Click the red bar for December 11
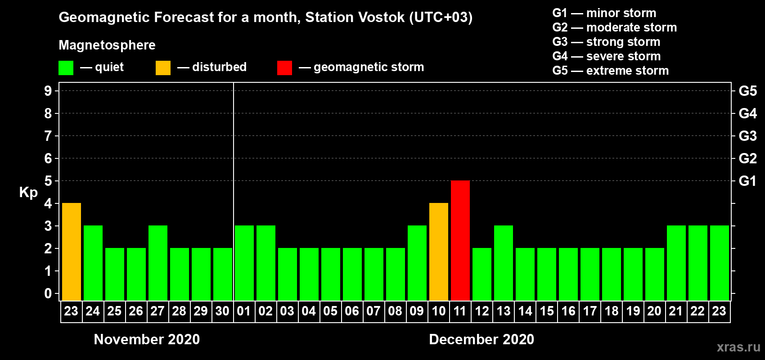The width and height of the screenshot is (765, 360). tap(460, 240)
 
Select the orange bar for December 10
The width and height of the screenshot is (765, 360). tap(438, 252)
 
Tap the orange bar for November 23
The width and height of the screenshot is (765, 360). tap(72, 252)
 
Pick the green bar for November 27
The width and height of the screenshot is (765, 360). tap(158, 263)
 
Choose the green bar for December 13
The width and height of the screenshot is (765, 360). tap(504, 263)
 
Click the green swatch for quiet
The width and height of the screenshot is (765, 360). tap(66, 67)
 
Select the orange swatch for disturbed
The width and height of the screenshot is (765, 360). tap(163, 67)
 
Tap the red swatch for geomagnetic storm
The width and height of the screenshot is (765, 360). tap(284, 67)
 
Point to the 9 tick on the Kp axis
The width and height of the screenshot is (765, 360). tap(48, 91)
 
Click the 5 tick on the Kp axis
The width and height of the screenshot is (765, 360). tap(48, 181)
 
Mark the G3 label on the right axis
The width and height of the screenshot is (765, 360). tap(747, 136)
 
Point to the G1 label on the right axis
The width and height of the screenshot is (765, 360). tap(747, 181)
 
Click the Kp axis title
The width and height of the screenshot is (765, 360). tap(28, 193)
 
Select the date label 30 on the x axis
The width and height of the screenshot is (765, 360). tap(222, 311)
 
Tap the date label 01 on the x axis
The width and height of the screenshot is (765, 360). tap(244, 311)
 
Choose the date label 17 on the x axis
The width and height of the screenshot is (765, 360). tap(590, 311)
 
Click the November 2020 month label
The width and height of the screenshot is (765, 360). tap(147, 339)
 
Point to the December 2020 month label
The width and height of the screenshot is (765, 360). tap(481, 339)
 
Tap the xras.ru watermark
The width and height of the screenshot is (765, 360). tap(738, 347)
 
